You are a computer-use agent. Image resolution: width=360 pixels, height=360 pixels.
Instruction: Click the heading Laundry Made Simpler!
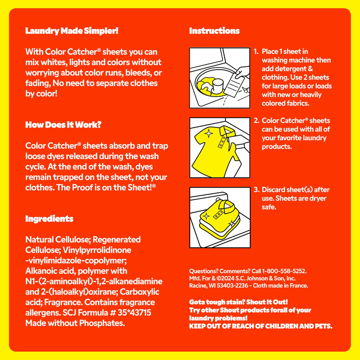[x=72, y=31]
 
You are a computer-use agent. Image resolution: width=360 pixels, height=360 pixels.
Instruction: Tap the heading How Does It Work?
[x=63, y=125]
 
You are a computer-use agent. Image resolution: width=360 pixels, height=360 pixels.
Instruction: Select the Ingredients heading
[x=49, y=219]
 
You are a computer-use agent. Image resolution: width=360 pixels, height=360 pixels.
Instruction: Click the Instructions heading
[x=214, y=31]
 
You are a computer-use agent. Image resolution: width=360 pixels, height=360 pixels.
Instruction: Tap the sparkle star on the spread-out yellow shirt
[x=209, y=133]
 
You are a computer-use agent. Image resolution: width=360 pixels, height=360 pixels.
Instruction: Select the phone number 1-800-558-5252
[x=284, y=271]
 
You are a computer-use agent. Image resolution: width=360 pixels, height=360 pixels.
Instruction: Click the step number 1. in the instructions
[x=256, y=51]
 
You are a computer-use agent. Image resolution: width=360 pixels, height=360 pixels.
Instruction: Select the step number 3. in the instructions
[x=256, y=189]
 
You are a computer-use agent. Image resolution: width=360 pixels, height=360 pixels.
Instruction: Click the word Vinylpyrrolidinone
[x=97, y=250]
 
